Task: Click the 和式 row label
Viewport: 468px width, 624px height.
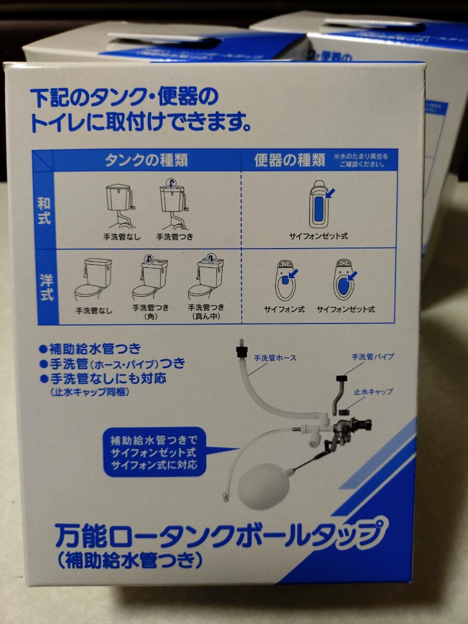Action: tap(44, 211)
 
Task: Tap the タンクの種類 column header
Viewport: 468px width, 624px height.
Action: tap(146, 161)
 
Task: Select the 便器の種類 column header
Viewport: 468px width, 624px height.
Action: tap(290, 160)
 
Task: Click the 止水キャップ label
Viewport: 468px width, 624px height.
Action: tap(373, 392)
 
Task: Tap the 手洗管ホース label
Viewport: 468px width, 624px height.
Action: tap(275, 358)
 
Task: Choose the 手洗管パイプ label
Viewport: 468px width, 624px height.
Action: tap(372, 356)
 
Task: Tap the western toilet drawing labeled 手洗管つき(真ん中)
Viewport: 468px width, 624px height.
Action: tap(206, 278)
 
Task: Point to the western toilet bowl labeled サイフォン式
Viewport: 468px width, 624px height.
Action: tap(285, 280)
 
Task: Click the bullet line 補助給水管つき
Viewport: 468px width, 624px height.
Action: tap(90, 349)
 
